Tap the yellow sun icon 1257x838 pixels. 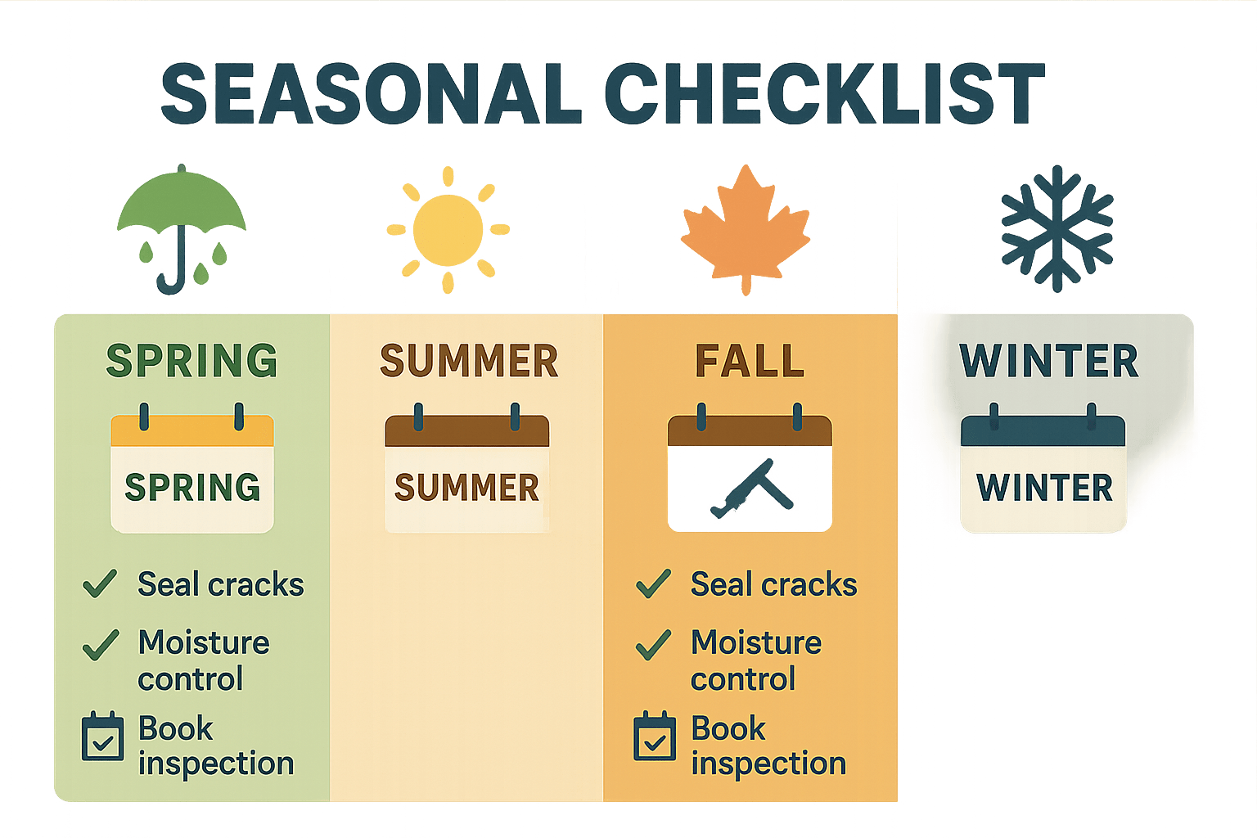tap(448, 230)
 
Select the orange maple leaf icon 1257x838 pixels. tap(745, 228)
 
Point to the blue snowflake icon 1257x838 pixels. tap(1057, 228)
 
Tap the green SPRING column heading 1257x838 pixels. tap(192, 361)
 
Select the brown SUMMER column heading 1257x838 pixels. tap(469, 361)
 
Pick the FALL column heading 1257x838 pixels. tap(750, 361)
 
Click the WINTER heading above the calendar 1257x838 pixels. tap(1049, 361)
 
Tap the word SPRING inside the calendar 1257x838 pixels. tap(192, 488)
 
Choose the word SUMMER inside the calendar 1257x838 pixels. tap(466, 488)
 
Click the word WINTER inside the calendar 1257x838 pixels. tap(1044, 488)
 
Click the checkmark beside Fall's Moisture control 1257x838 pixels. tap(653, 645)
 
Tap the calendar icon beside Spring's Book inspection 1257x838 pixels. tap(103, 737)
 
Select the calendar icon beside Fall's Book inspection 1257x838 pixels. tap(656, 737)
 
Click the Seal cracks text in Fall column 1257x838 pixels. tap(773, 584)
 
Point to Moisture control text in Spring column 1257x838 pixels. tap(203, 660)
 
